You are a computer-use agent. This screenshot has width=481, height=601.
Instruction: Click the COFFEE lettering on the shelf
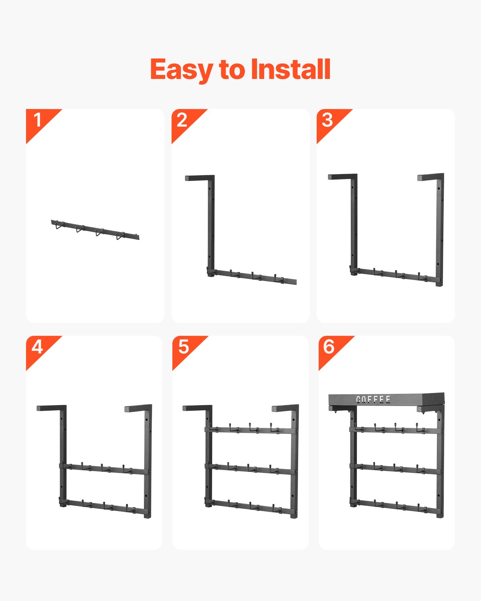373,399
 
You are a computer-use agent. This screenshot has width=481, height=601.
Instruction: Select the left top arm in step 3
342,177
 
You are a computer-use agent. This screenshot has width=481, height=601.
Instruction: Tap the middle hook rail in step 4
104,469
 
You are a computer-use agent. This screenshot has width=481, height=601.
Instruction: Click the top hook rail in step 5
250,430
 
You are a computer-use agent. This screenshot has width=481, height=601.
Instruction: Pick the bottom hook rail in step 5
250,506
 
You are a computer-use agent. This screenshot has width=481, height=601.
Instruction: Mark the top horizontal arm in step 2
200,178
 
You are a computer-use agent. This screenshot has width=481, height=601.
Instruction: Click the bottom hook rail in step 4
104,506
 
